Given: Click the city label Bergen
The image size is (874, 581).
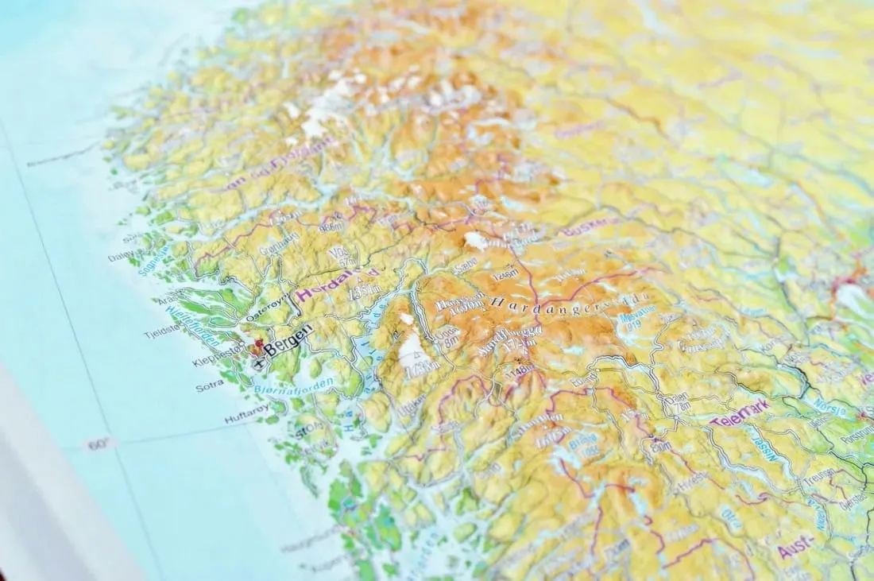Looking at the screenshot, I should (288, 340).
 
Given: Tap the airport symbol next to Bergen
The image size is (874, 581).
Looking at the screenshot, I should (259, 362).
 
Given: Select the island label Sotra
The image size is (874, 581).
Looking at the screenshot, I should (209, 386).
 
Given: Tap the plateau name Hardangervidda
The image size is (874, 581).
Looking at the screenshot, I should (568, 302).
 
